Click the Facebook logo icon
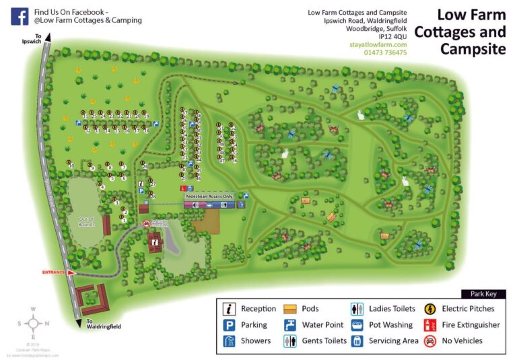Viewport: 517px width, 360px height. tap(20, 16)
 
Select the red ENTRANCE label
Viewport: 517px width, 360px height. tap(54, 273)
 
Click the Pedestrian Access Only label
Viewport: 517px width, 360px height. tap(209, 196)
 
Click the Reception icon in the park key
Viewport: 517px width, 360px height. tap(230, 309)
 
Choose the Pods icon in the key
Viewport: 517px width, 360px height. tap(291, 309)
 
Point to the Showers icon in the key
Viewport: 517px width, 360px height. tap(230, 340)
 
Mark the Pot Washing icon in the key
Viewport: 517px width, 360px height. tap(357, 325)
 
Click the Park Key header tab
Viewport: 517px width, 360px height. tap(483, 294)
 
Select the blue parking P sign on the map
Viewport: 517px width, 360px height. tap(141, 191)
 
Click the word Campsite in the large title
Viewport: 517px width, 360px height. tap(473, 48)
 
